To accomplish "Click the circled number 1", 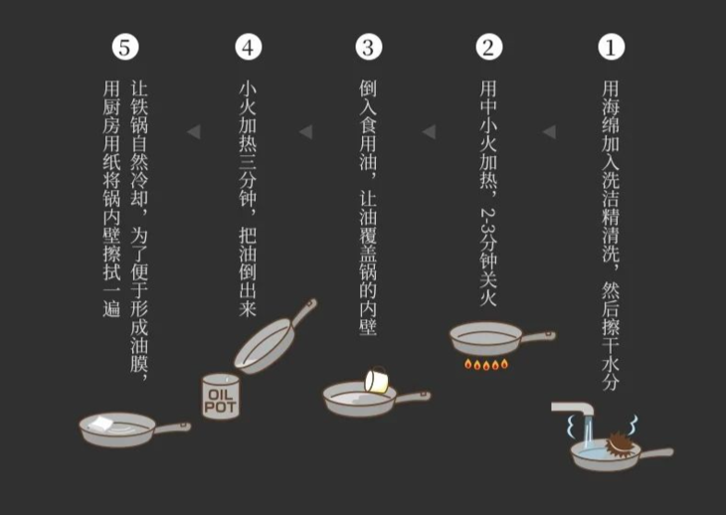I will click(611, 47).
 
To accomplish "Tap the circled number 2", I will click(488, 47).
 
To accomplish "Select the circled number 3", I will click(368, 47).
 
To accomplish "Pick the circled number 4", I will click(248, 47).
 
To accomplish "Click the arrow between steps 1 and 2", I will click(549, 131).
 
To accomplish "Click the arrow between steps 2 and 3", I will click(429, 131).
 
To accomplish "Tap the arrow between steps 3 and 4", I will click(306, 131).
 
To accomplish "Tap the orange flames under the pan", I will click(486, 365).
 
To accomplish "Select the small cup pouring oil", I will click(377, 380).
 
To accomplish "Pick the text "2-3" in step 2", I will click(487, 220).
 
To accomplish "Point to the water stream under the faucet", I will click(589, 435).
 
